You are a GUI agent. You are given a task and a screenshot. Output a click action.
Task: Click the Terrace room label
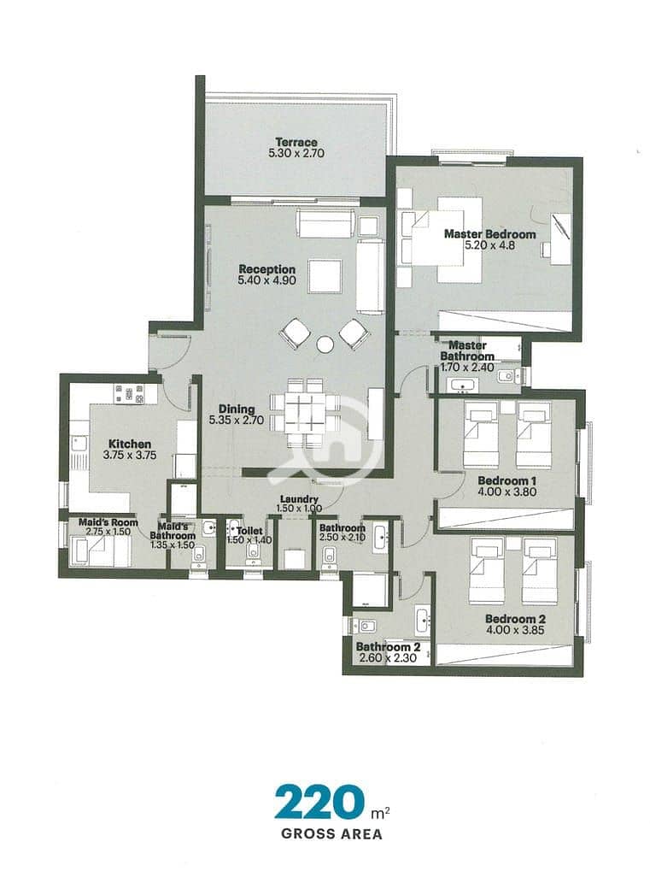[296, 143]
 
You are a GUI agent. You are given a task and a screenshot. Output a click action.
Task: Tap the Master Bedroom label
[489, 234]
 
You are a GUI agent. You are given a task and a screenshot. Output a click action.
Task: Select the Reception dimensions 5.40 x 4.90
[266, 280]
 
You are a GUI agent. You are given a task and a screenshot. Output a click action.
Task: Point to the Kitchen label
[130, 444]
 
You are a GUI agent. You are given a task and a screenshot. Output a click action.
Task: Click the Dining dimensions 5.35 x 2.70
[237, 420]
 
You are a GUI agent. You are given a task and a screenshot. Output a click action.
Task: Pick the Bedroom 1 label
[507, 481]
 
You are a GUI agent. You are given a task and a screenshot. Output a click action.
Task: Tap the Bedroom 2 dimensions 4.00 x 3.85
[515, 630]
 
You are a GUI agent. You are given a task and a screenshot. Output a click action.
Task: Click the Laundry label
[299, 499]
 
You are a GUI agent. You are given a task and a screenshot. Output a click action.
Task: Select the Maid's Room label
[108, 522]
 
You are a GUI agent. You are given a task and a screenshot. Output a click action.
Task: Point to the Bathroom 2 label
[389, 647]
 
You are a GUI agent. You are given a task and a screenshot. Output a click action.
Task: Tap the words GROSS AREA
[332, 834]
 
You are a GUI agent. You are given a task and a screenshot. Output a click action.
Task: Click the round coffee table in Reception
[325, 344]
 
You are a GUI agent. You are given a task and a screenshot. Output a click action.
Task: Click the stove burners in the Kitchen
[130, 394]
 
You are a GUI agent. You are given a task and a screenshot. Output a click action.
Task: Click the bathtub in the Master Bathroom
[461, 386]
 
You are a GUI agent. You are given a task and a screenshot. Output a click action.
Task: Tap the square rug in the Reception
[325, 275]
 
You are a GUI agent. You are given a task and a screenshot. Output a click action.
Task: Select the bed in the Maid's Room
[100, 550]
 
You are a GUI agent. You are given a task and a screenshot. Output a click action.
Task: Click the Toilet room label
[249, 531]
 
